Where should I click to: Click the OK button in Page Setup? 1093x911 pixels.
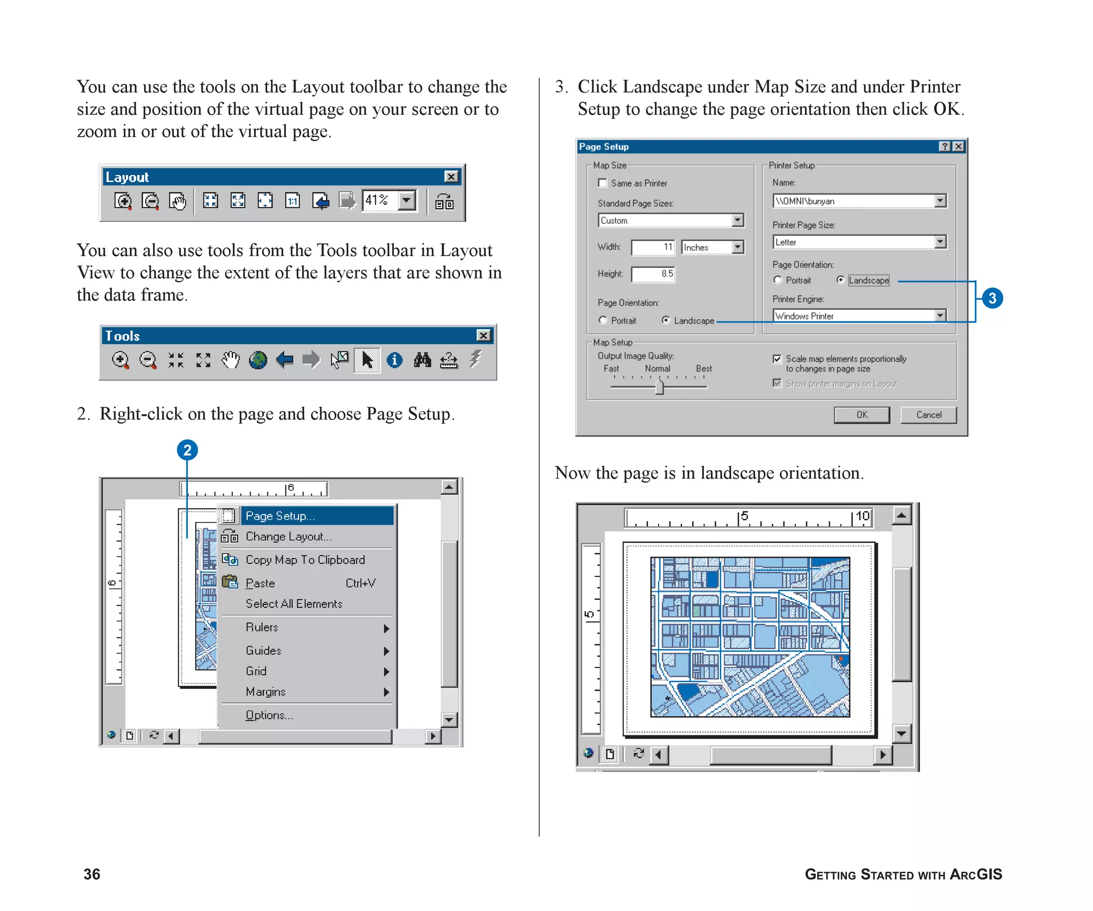[x=861, y=415]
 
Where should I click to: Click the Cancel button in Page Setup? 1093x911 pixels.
[x=928, y=415]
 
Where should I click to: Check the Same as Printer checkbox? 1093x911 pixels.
[x=603, y=183]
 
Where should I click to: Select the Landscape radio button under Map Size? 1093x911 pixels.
[x=666, y=320]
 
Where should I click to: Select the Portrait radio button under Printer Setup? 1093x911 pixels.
[x=778, y=280]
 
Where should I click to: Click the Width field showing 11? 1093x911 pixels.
[x=653, y=247]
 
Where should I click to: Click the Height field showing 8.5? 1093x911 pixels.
[x=653, y=274]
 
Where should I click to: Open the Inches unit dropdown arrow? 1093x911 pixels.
[x=738, y=247]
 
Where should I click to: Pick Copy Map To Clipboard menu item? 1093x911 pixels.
[x=305, y=560]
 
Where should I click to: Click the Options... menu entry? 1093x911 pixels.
[x=269, y=715]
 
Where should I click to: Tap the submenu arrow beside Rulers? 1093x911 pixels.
[x=386, y=628]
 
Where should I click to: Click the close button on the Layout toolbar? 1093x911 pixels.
[x=451, y=177]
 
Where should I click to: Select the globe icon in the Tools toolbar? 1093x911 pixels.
[x=258, y=360]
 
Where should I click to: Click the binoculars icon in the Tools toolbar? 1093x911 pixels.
[x=422, y=360]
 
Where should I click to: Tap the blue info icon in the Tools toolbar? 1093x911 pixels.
[x=394, y=360]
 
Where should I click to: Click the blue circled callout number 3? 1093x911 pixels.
[x=992, y=298]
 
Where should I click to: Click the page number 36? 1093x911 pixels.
[x=92, y=874]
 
